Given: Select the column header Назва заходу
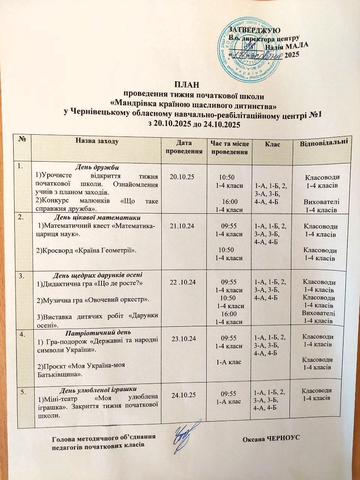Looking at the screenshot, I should point(97,141).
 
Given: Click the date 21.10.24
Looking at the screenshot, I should point(183,226).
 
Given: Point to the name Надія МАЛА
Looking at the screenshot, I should point(286,46).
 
